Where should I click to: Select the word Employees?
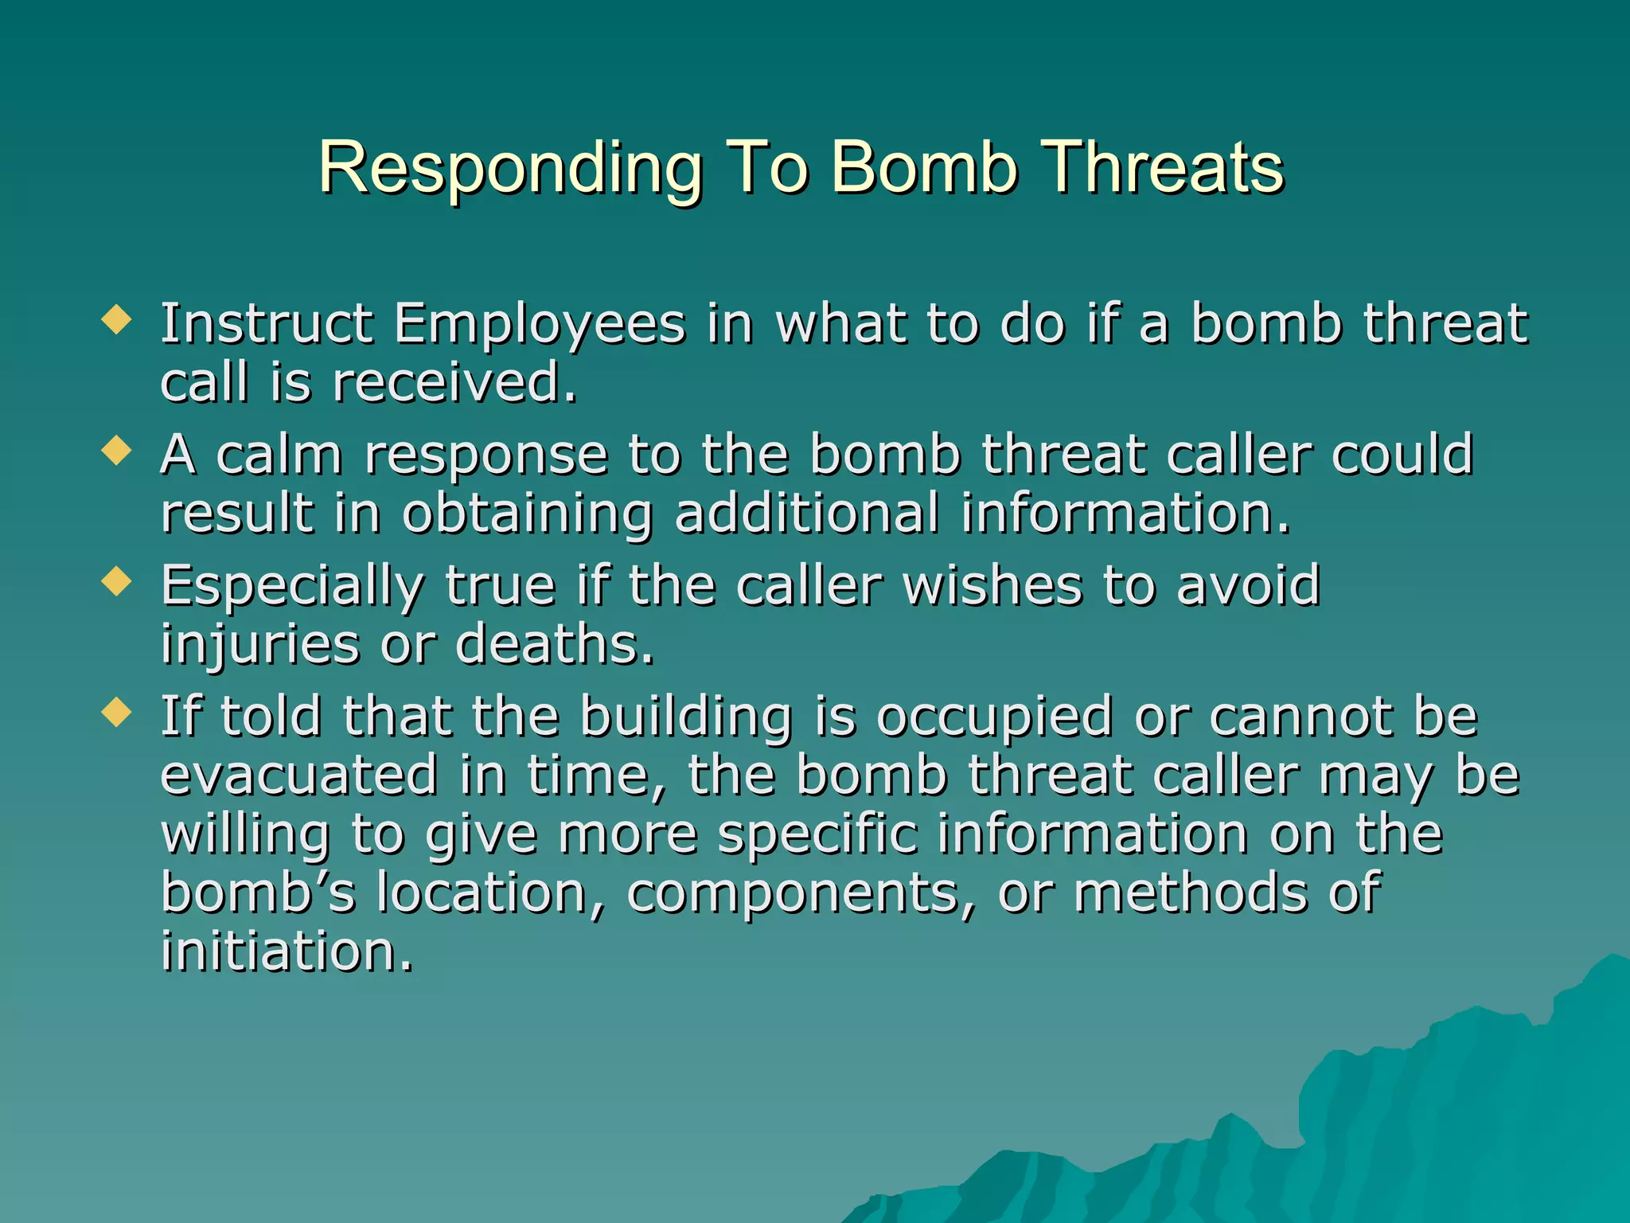click(x=540, y=325)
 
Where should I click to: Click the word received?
click(x=454, y=383)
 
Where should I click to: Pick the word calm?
click(x=279, y=455)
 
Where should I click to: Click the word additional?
click(x=806, y=514)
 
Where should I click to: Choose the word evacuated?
click(x=299, y=776)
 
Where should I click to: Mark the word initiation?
click(x=287, y=951)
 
